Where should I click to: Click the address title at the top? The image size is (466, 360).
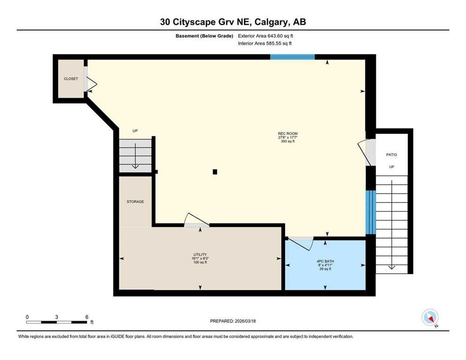[x=233, y=22]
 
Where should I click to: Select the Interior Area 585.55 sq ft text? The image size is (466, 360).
[x=265, y=43]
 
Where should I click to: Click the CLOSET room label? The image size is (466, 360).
[x=71, y=79]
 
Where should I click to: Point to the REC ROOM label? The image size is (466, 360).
[x=287, y=134]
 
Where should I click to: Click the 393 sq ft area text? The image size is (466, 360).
[x=287, y=141]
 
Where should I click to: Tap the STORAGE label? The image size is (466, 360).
[x=135, y=202]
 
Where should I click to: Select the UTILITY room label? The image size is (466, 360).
[x=200, y=255]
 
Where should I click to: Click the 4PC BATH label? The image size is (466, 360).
[x=325, y=261]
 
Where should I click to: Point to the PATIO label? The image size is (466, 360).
[x=391, y=154]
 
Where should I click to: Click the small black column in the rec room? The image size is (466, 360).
[x=215, y=172]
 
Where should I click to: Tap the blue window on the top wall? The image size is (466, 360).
[x=292, y=57]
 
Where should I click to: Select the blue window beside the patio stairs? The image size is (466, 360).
[x=370, y=212]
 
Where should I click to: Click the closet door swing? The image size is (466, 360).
[x=90, y=84]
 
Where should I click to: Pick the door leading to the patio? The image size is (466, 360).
[x=366, y=152]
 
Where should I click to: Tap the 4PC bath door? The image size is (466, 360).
[x=300, y=242]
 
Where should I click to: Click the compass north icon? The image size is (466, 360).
[x=429, y=317]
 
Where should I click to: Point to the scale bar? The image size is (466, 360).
[x=57, y=322]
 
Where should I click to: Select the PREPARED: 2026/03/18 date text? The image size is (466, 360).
[x=233, y=321]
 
